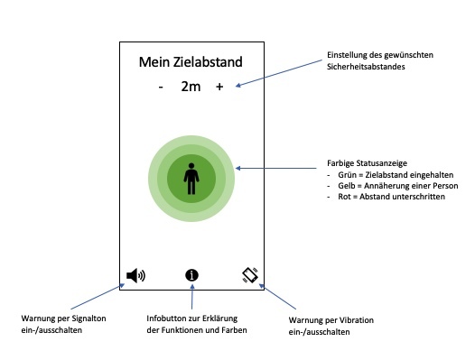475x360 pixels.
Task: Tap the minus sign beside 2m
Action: pyautogui.click(x=161, y=88)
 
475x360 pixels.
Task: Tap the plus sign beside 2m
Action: pyautogui.click(x=219, y=88)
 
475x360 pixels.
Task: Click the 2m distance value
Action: pyautogui.click(x=191, y=88)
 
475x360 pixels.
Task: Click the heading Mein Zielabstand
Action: pyautogui.click(x=191, y=62)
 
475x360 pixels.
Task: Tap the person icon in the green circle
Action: pyautogui.click(x=191, y=177)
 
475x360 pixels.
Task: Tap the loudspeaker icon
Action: pyautogui.click(x=135, y=275)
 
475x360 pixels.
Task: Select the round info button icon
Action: pyautogui.click(x=191, y=275)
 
